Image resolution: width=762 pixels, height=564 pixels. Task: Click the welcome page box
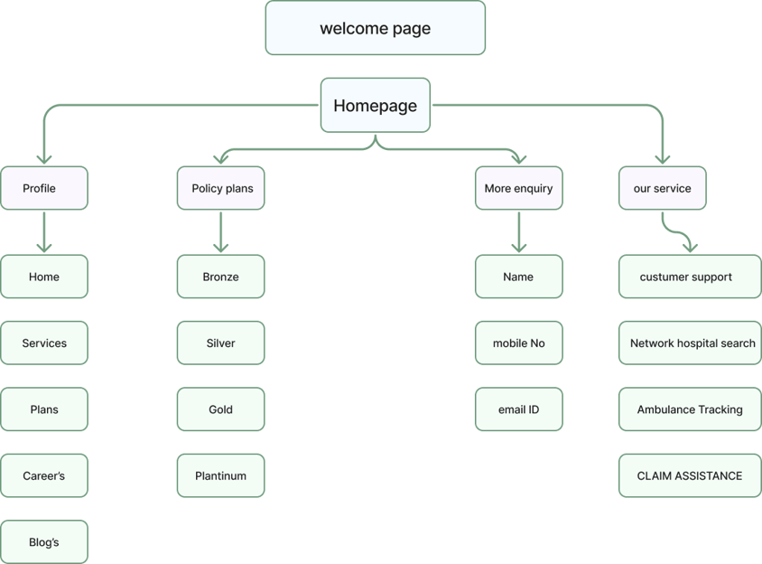click(376, 28)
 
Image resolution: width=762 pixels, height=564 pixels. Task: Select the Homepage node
click(376, 105)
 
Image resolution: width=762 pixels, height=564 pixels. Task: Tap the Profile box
click(44, 188)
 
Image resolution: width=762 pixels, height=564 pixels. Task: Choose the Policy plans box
click(220, 188)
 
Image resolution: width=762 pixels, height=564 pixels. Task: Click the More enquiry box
click(519, 188)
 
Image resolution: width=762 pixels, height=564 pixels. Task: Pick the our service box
click(663, 188)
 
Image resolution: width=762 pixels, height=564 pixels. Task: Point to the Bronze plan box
click(220, 277)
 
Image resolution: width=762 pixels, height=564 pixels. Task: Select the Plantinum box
click(220, 475)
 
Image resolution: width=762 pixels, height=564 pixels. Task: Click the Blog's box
click(44, 541)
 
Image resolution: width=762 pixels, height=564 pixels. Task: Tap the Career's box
click(44, 475)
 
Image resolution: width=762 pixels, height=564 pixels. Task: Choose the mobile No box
click(519, 343)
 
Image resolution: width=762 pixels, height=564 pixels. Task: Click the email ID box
click(519, 409)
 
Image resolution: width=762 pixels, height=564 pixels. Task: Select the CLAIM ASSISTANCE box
click(690, 475)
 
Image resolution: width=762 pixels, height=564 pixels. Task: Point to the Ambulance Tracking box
click(690, 409)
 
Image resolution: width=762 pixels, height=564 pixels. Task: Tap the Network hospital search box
click(690, 343)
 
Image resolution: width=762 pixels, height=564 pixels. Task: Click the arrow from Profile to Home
click(44, 232)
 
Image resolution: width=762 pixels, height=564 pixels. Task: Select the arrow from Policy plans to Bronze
click(220, 232)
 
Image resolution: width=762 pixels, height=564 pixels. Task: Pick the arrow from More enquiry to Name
click(519, 232)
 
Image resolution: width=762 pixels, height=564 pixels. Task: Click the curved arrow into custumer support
click(676, 231)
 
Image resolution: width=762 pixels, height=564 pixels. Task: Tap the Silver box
click(220, 343)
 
